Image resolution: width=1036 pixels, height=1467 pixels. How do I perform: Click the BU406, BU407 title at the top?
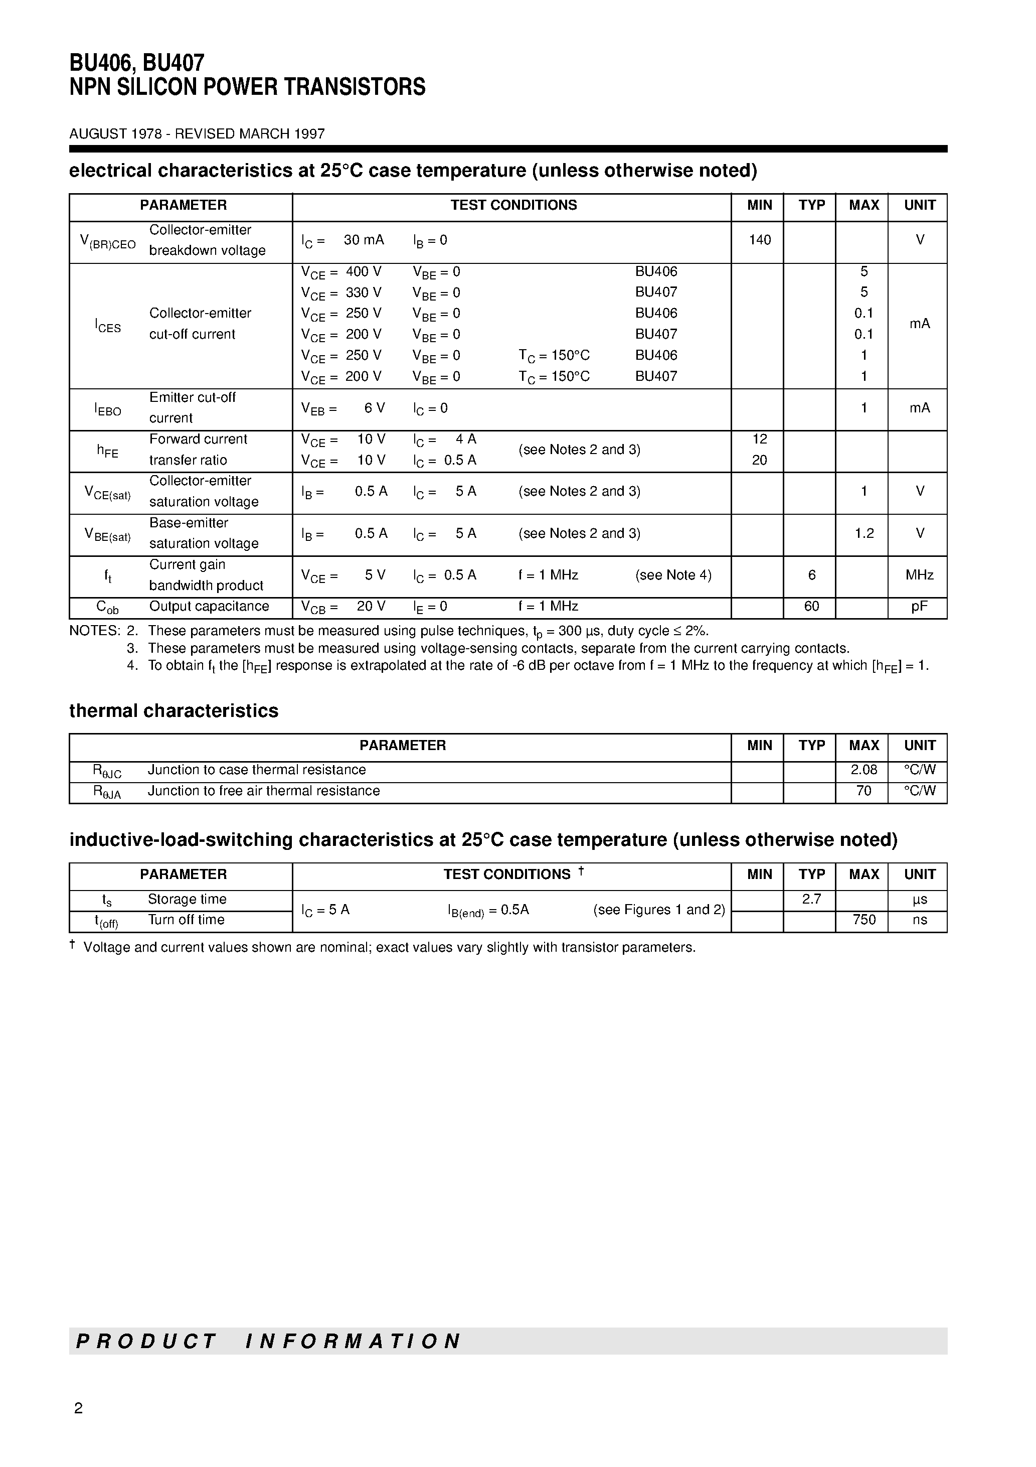[137, 63]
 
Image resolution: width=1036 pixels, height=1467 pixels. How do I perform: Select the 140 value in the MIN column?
[759, 240]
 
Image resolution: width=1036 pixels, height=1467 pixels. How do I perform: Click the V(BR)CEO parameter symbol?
[107, 241]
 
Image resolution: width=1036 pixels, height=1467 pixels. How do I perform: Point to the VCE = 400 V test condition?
[341, 272]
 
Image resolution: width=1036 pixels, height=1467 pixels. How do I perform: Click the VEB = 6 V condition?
[343, 408]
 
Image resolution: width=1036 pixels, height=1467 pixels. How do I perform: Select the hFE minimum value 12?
[759, 439]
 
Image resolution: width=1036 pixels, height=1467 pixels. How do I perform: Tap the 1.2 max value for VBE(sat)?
[864, 533]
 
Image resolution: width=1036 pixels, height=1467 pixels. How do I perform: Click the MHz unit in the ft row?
[919, 575]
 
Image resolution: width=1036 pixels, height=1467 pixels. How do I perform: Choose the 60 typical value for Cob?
[811, 607]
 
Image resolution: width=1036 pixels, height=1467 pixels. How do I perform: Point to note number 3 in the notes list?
[132, 648]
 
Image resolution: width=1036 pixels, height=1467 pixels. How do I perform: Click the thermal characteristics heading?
[174, 710]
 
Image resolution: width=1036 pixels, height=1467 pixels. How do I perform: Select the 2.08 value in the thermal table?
[864, 770]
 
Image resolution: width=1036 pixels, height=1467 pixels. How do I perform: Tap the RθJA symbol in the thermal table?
[107, 792]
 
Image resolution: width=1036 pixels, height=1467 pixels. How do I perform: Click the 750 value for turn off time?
[864, 920]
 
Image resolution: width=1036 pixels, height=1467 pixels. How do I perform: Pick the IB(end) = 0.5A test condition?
[488, 910]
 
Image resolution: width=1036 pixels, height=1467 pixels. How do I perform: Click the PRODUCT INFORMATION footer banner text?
[268, 1341]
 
